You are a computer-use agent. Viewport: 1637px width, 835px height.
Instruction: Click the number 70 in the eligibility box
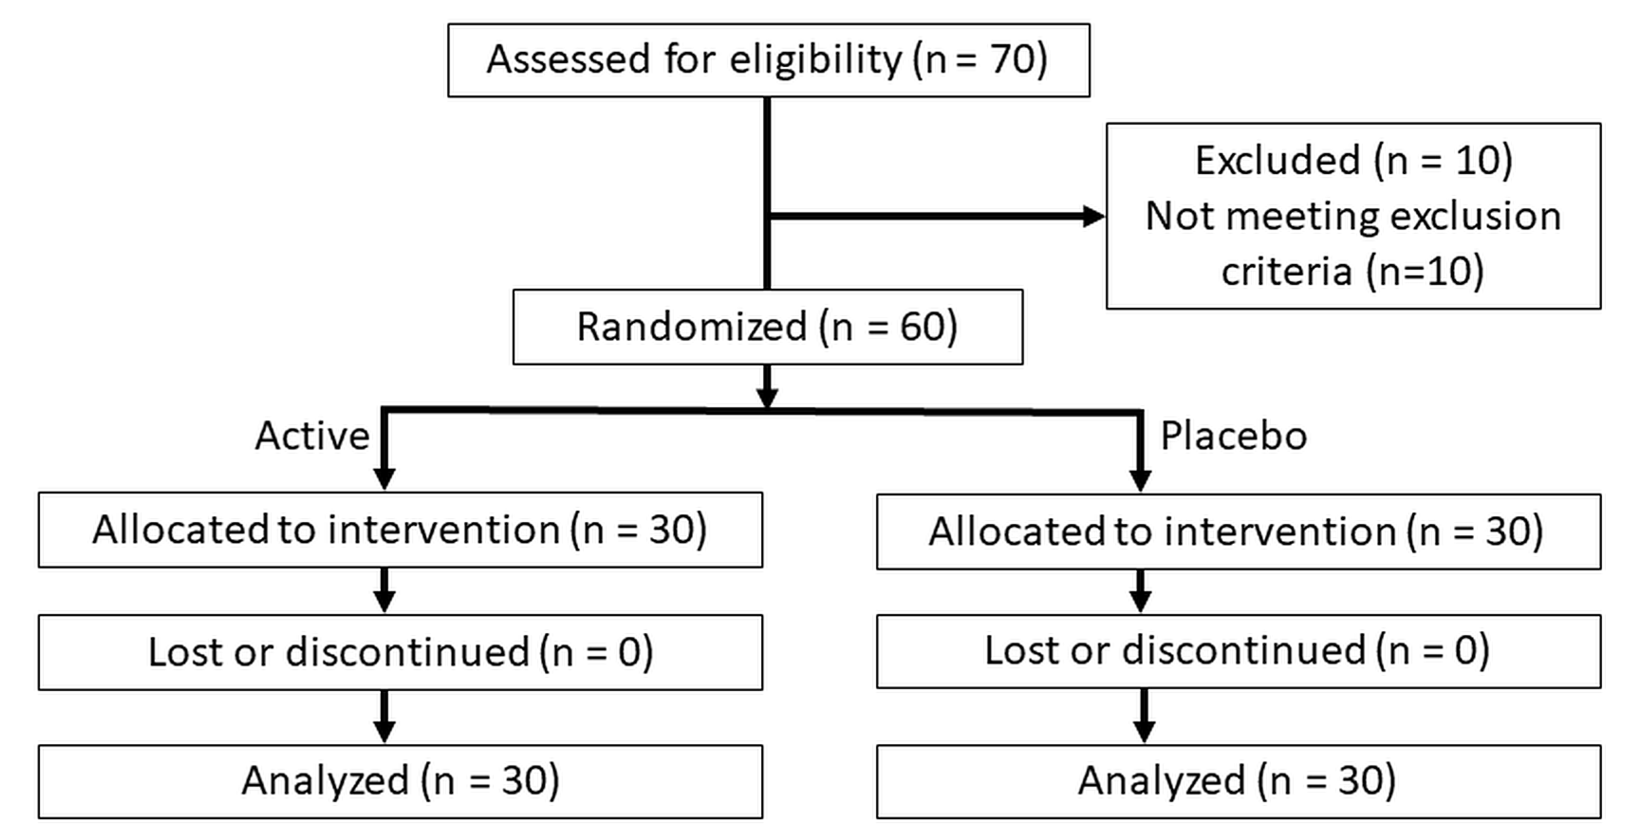click(1014, 59)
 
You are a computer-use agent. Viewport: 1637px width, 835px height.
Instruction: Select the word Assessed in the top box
click(568, 59)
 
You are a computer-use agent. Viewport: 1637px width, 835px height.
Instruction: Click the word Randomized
click(691, 327)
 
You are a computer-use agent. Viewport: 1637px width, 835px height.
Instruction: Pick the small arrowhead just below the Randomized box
click(768, 397)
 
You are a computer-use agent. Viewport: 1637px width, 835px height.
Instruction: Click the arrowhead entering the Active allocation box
click(385, 478)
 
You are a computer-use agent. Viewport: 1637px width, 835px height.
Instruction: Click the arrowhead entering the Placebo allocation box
click(1140, 480)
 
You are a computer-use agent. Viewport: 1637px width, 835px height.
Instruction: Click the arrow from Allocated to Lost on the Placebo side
click(1140, 591)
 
